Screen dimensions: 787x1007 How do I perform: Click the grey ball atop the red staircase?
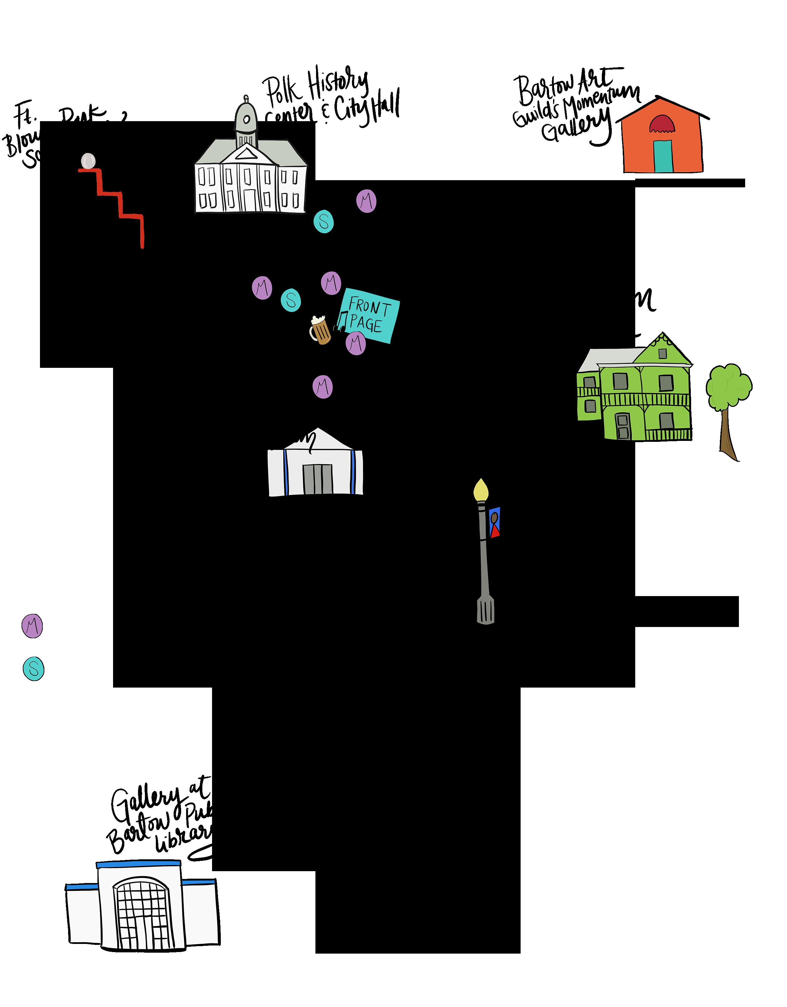pyautogui.click(x=87, y=161)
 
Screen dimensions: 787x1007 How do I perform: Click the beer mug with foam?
pyautogui.click(x=320, y=330)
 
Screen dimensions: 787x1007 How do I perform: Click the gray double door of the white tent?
pyautogui.click(x=317, y=480)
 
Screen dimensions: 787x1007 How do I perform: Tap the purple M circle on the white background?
pyautogui.click(x=32, y=626)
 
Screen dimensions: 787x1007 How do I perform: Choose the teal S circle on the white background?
pyautogui.click(x=33, y=669)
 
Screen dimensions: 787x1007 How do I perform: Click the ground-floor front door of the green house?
pyautogui.click(x=622, y=426)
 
